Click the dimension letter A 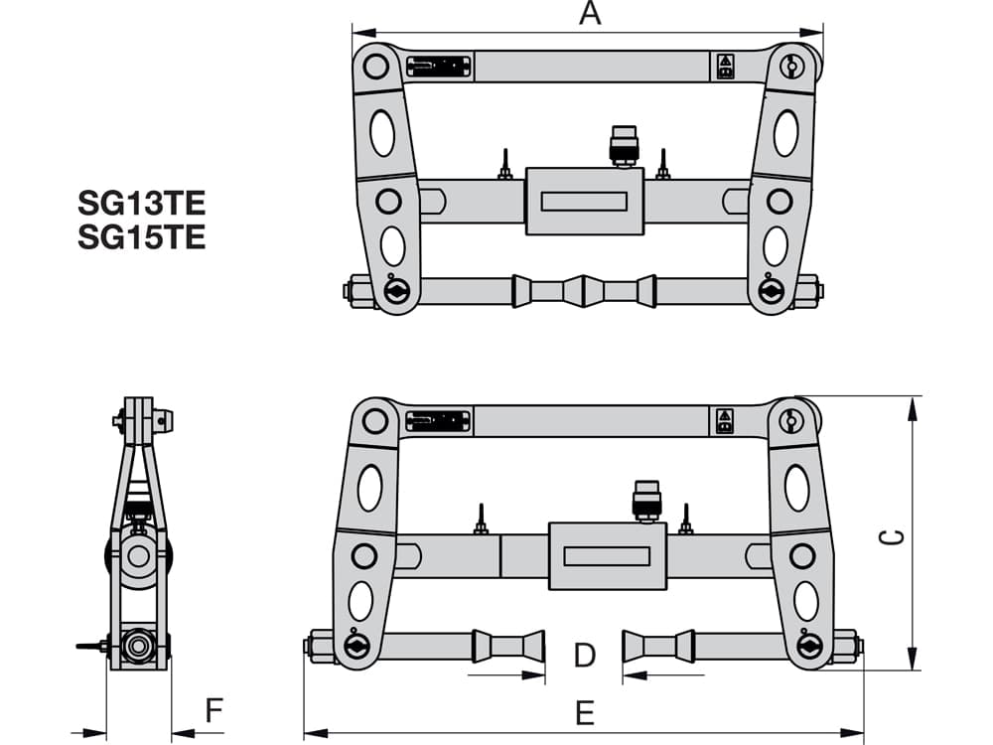590,13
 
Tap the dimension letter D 585,655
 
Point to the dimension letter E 585,713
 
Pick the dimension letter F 214,710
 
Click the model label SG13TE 142,204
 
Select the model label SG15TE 142,237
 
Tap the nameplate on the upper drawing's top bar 439,66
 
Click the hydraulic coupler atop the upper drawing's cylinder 624,146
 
